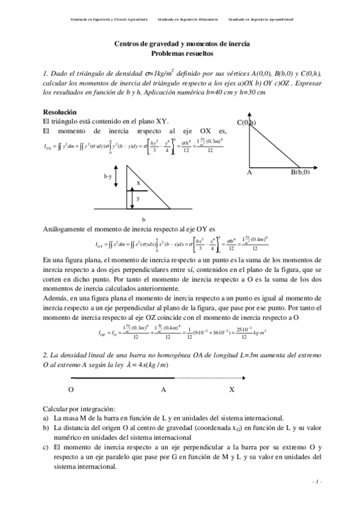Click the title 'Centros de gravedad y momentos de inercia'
pyautogui.click(x=182, y=45)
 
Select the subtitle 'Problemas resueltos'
pyautogui.click(x=182, y=53)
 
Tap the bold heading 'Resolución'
pyautogui.click(x=59, y=112)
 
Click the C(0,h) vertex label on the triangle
pyautogui.click(x=246, y=123)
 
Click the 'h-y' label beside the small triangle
pyautogui.click(x=108, y=176)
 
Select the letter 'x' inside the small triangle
pyautogui.click(x=138, y=183)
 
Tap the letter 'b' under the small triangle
pyautogui.click(x=143, y=220)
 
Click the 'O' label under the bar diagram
pyautogui.click(x=71, y=389)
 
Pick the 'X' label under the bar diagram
pyautogui.click(x=231, y=389)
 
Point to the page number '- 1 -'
pyautogui.click(x=317, y=482)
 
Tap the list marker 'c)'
pyautogui.click(x=46, y=447)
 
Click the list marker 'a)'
pyautogui.click(x=46, y=417)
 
